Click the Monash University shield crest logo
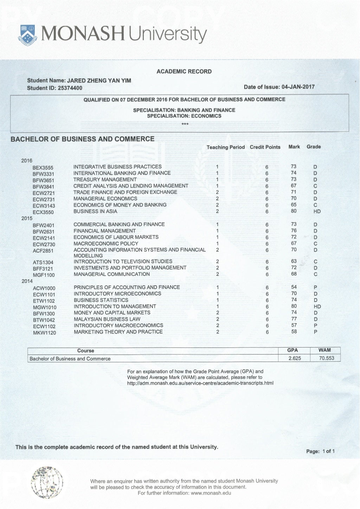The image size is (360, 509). tap(28, 35)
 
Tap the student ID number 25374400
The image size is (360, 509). tap(70, 88)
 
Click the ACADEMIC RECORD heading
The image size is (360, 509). tap(184, 71)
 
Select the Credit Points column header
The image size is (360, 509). tap(265, 147)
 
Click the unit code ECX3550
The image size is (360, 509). tap(43, 212)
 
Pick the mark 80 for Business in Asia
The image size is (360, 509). tap(294, 211)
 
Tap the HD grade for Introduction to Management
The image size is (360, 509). tap(317, 306)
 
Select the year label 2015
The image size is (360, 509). tap(27, 218)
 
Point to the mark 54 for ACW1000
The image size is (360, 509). tap(294, 287)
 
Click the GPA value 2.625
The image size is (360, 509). tap(294, 358)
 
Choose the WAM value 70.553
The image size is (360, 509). tap(327, 358)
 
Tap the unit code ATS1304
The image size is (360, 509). tap(43, 262)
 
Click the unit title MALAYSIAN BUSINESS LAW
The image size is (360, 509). tap(107, 319)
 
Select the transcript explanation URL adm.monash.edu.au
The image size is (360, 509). tap(200, 383)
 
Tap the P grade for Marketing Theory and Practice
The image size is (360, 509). tap(315, 332)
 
